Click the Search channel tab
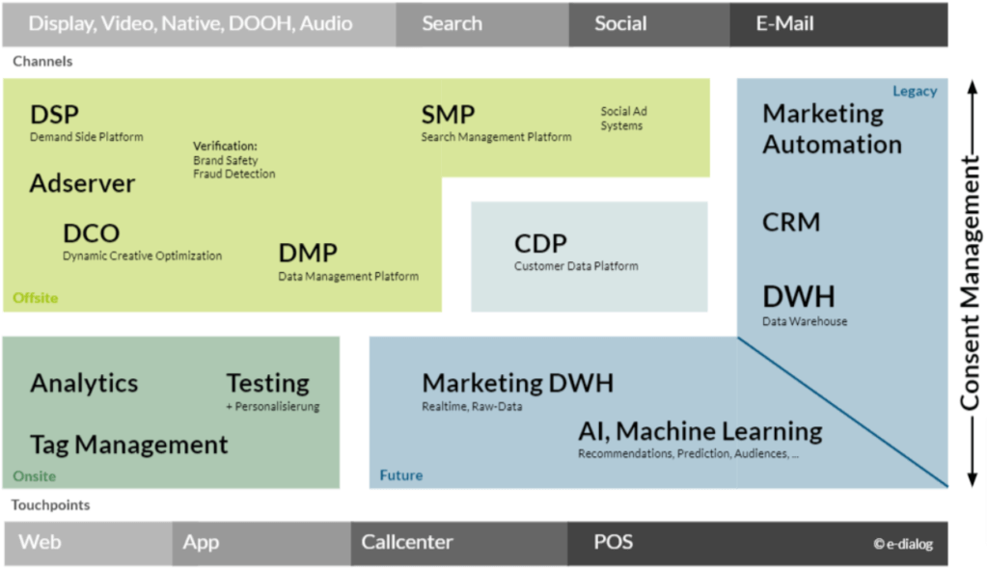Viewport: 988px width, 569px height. (452, 24)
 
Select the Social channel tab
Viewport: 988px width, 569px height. (620, 24)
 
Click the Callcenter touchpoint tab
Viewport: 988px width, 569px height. (406, 542)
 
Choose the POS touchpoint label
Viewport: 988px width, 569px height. (614, 542)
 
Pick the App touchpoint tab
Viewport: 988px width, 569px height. (201, 542)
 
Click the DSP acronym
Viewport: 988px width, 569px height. (54, 116)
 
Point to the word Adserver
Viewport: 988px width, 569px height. (82, 183)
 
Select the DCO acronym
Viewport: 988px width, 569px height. (91, 233)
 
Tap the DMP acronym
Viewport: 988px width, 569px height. (308, 254)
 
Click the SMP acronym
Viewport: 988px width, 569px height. (448, 116)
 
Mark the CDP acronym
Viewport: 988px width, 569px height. (540, 244)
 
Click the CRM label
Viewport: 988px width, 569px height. (791, 223)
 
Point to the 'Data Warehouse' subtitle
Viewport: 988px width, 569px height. (805, 321)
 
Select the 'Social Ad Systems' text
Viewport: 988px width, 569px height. (623, 119)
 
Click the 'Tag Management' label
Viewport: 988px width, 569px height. (128, 445)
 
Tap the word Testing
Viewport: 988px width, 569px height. (267, 383)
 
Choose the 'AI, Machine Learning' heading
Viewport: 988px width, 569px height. (700, 431)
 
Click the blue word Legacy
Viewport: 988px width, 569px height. (914, 92)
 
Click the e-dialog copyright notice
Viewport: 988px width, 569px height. (903, 544)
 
